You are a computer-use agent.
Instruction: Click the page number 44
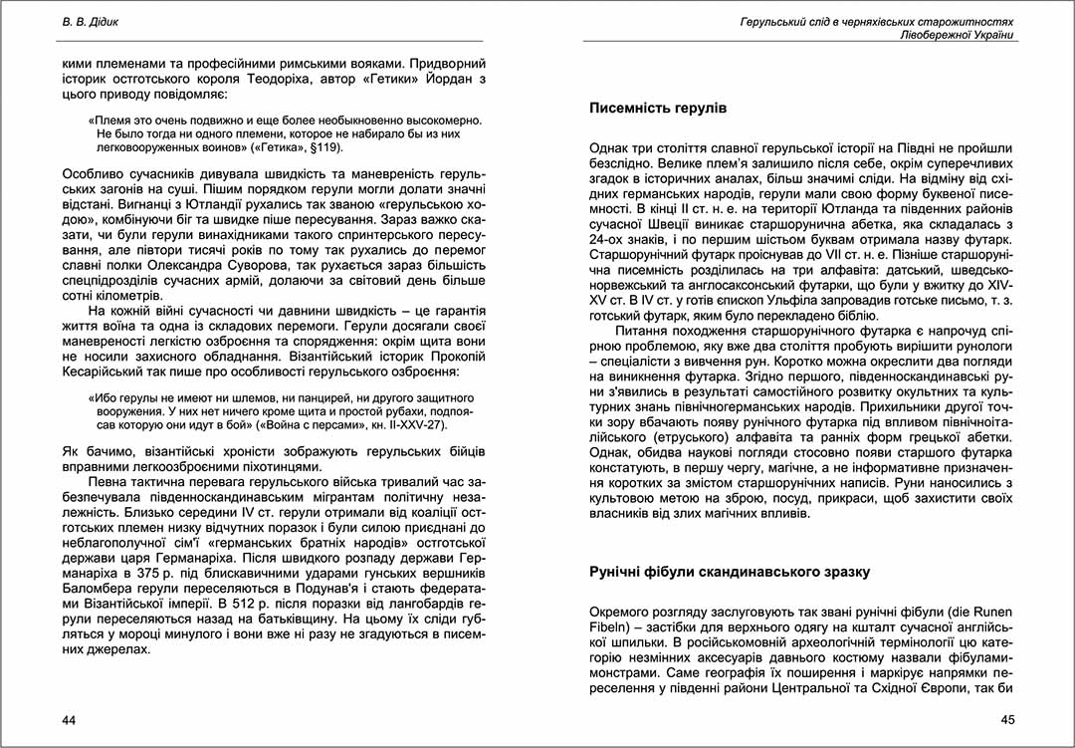(x=70, y=719)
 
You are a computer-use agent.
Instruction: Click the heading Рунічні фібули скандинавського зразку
(x=730, y=572)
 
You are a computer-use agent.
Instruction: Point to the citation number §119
(x=325, y=147)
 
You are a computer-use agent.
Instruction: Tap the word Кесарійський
(x=106, y=373)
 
